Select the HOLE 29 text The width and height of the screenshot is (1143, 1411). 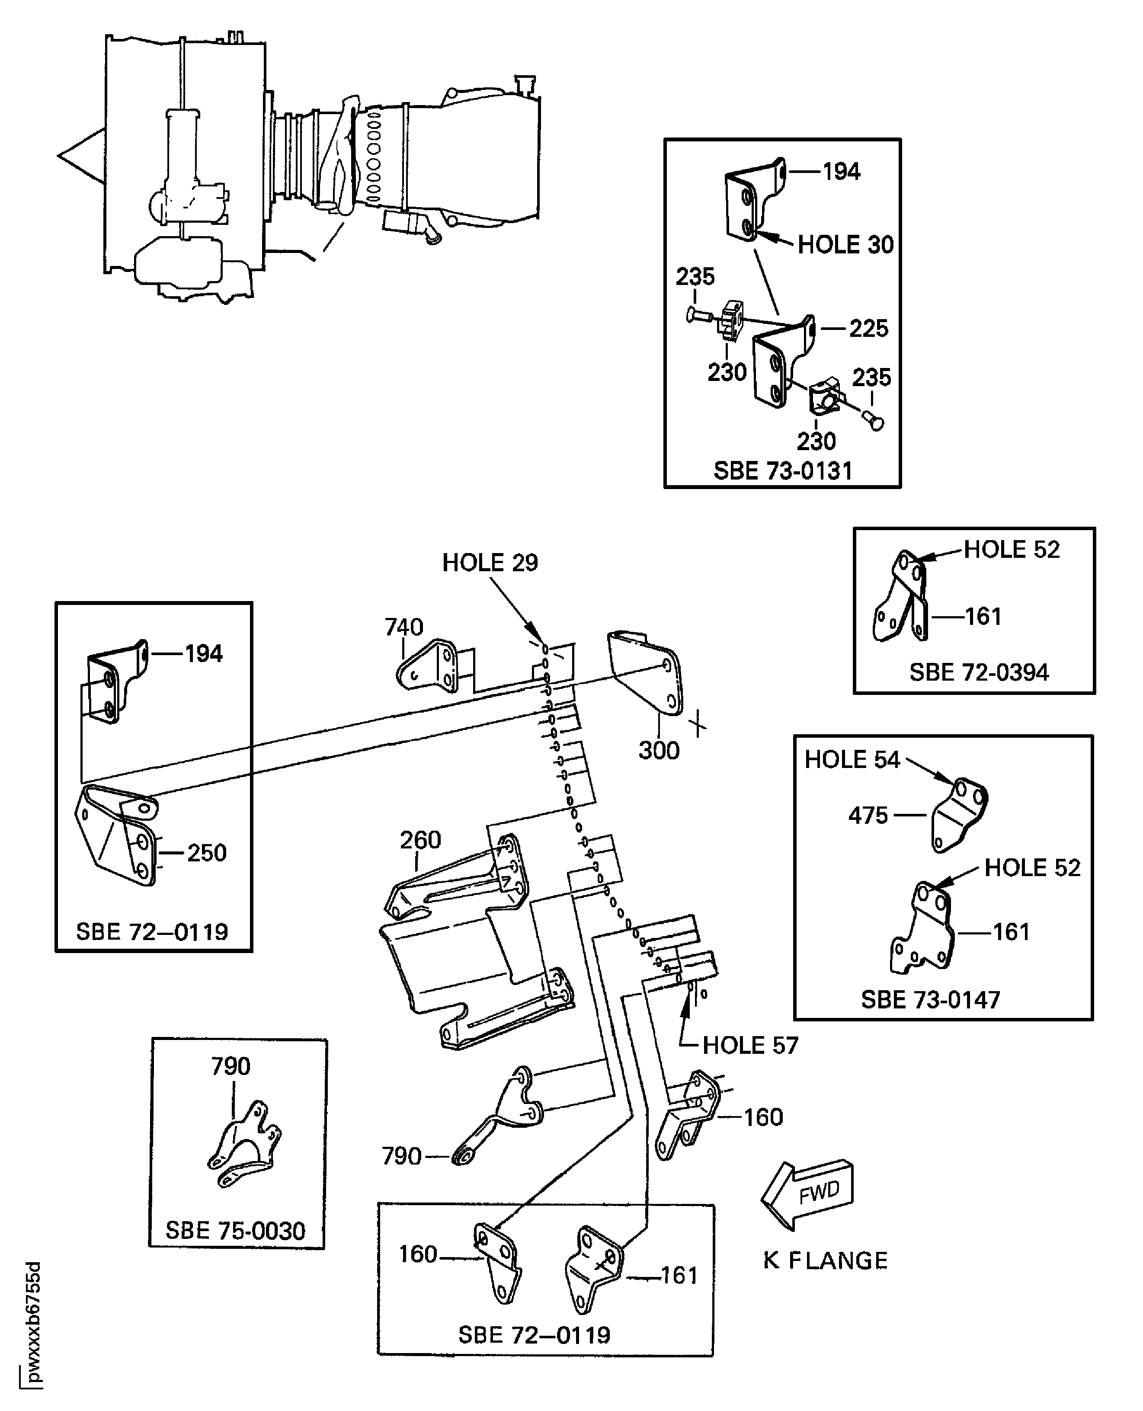[x=490, y=563]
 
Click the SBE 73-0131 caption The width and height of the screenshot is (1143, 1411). [x=783, y=471]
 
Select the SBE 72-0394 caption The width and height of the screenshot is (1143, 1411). [x=979, y=672]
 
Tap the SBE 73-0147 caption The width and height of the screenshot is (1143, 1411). [x=930, y=1000]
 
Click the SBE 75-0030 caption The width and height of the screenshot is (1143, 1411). [x=235, y=1231]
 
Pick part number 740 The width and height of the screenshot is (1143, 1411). [x=403, y=627]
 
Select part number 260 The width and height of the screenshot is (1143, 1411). [x=420, y=840]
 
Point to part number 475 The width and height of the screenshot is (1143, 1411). [x=868, y=816]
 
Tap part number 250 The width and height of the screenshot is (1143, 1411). [x=207, y=853]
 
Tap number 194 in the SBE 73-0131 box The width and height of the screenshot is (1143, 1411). [x=842, y=172]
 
